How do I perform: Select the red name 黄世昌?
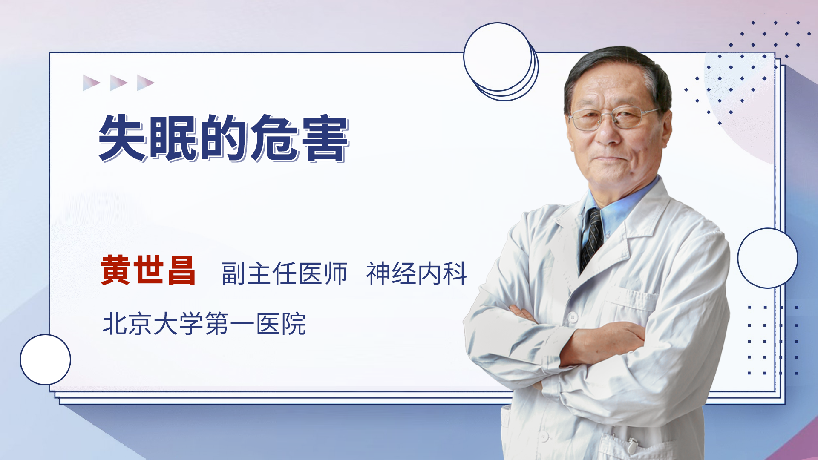148,270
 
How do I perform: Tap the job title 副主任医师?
285,273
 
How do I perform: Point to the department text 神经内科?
417,273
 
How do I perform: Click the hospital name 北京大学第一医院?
204,324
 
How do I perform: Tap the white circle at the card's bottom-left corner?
45,360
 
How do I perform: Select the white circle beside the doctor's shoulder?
768,258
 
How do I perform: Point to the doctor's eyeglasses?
613,118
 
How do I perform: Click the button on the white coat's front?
573,317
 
